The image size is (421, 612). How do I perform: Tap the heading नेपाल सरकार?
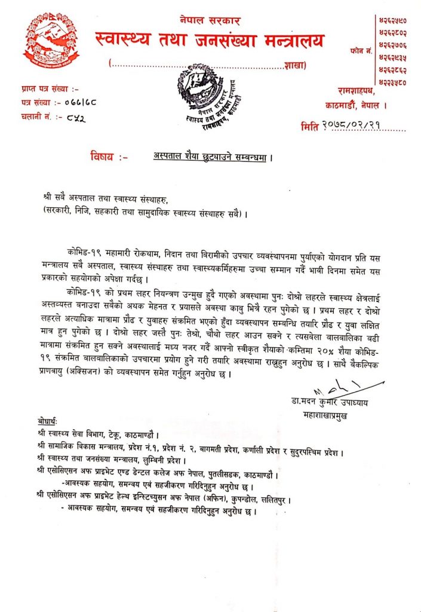point(210,21)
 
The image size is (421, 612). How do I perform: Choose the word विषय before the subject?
point(103,157)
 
